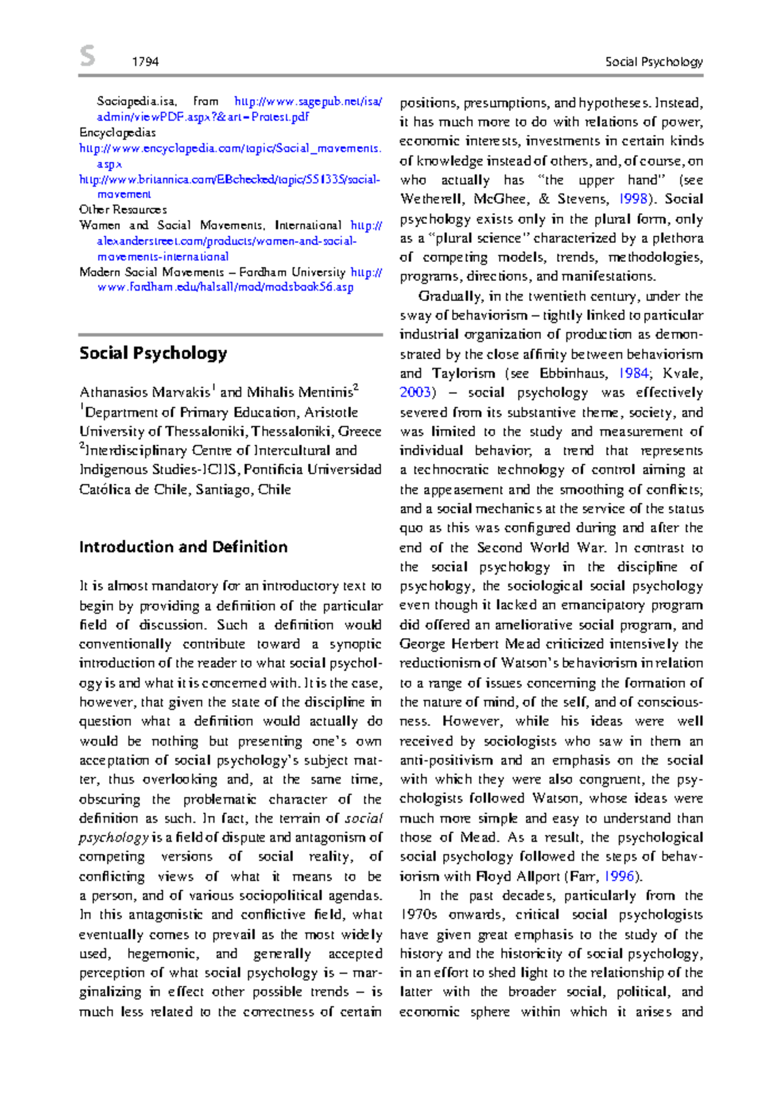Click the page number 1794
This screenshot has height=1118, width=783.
145,62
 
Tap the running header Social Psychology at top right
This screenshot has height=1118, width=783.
653,62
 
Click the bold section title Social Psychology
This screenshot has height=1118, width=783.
153,353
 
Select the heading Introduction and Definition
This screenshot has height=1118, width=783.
183,547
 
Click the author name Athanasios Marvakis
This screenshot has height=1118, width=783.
144,392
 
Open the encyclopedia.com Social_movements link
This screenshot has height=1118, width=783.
230,148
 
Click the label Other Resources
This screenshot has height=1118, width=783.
123,210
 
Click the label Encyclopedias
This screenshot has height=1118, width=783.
117,133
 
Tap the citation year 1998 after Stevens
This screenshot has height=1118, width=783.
633,199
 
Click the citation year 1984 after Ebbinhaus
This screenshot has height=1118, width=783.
633,374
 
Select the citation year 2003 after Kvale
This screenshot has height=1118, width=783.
415,392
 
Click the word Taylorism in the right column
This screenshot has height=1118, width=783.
463,374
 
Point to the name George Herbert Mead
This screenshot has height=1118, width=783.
470,644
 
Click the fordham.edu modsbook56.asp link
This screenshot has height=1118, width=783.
225,287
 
